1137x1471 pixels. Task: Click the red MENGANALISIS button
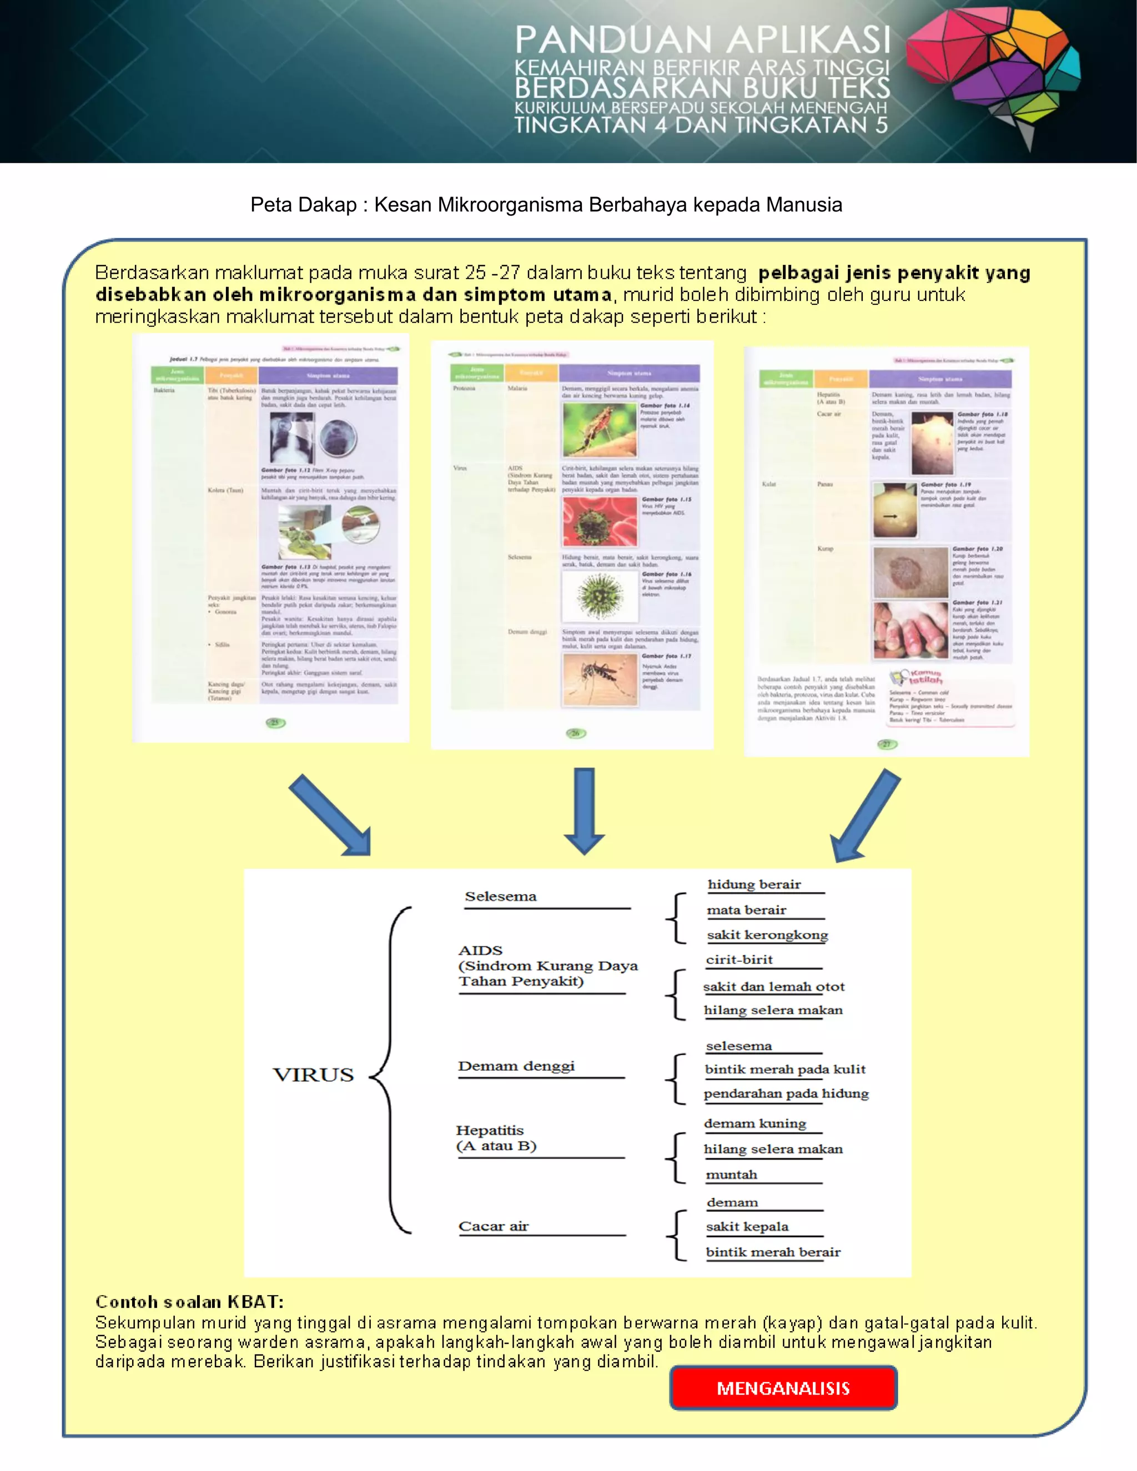click(783, 1388)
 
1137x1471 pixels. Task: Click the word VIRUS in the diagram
click(313, 1074)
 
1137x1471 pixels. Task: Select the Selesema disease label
click(500, 896)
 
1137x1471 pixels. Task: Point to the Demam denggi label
click(516, 1066)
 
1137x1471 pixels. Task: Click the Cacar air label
click(494, 1226)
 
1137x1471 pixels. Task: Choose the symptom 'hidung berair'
click(754, 884)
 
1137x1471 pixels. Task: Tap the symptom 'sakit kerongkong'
click(767, 935)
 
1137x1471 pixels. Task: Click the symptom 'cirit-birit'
click(739, 959)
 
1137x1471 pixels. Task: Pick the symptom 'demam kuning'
click(754, 1124)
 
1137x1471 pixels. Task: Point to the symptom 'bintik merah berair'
click(773, 1252)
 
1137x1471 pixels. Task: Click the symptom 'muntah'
click(732, 1175)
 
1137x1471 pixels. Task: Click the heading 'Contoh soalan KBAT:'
click(189, 1301)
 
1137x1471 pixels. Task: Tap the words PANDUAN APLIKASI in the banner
click(702, 41)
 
